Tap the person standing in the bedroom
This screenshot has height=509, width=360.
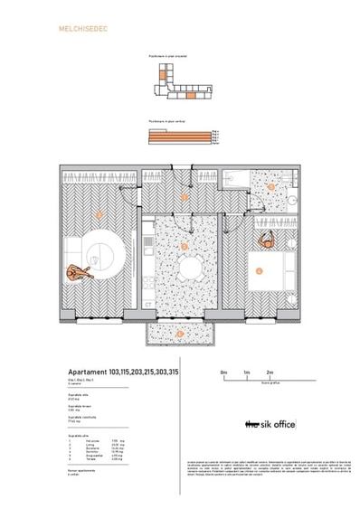click(x=267, y=241)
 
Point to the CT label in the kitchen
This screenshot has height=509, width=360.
click(x=149, y=304)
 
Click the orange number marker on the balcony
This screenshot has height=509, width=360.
click(x=180, y=334)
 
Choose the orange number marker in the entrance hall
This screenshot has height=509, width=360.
click(x=185, y=196)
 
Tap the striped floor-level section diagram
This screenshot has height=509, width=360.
click(x=180, y=137)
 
